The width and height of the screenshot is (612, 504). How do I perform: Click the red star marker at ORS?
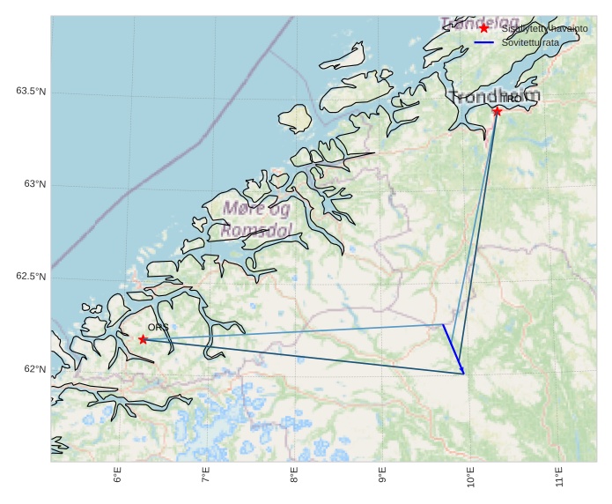point(143,339)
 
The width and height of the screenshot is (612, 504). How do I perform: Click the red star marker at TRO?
point(498,111)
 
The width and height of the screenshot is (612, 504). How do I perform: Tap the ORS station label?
point(158,327)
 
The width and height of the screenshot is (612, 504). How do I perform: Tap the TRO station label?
point(511,99)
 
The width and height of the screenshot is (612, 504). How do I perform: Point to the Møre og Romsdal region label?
point(256,219)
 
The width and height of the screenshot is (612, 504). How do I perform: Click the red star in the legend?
point(483,28)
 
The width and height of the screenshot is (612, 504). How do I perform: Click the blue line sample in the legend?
point(483,41)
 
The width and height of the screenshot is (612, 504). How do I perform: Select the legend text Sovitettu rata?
point(530,41)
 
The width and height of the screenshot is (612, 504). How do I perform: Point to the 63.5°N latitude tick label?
point(31,92)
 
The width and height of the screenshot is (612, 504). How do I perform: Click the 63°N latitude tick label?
point(34,184)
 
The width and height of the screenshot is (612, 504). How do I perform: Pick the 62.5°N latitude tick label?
point(31,277)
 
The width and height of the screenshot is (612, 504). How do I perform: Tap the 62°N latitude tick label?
point(34,369)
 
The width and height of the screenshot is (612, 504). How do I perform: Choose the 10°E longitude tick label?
point(471,478)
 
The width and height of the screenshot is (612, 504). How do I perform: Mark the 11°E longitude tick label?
point(559,478)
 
